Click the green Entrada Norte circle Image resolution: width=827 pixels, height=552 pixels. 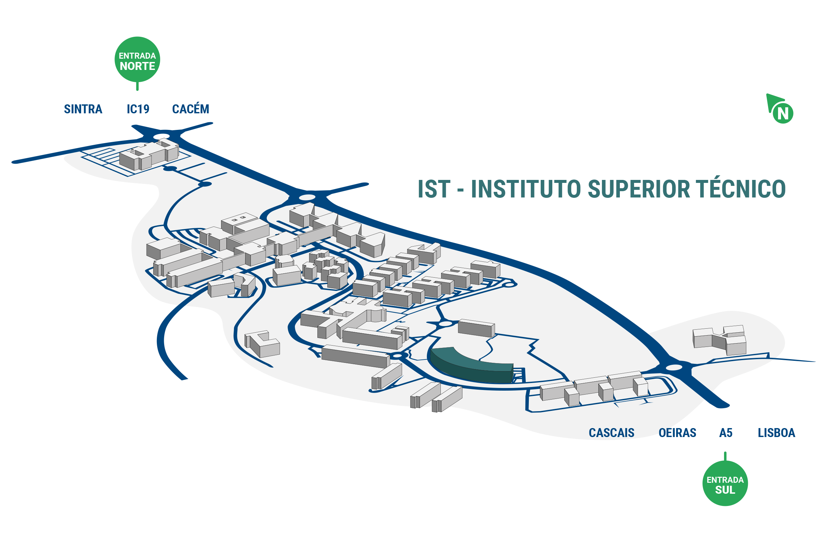(x=137, y=60)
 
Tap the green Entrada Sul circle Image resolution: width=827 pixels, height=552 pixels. (x=725, y=483)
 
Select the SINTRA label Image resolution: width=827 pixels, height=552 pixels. (x=83, y=109)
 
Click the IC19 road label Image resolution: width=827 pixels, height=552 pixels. (x=138, y=109)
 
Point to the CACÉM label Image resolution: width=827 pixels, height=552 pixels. (x=191, y=108)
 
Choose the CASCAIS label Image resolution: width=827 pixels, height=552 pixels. (x=612, y=433)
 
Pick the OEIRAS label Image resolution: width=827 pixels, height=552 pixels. (x=677, y=433)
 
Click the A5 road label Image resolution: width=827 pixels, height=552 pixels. (x=726, y=433)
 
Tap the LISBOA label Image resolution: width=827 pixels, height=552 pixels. (x=776, y=433)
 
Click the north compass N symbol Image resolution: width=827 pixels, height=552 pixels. (x=783, y=113)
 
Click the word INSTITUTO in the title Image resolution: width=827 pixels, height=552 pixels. (x=527, y=189)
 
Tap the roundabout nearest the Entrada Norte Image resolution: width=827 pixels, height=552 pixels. (x=162, y=136)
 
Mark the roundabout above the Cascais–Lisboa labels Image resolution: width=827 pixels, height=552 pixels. (x=674, y=367)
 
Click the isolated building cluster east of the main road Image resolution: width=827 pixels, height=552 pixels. (x=719, y=340)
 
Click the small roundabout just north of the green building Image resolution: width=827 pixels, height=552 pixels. (x=446, y=323)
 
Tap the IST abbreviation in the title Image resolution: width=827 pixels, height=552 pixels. (x=434, y=189)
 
